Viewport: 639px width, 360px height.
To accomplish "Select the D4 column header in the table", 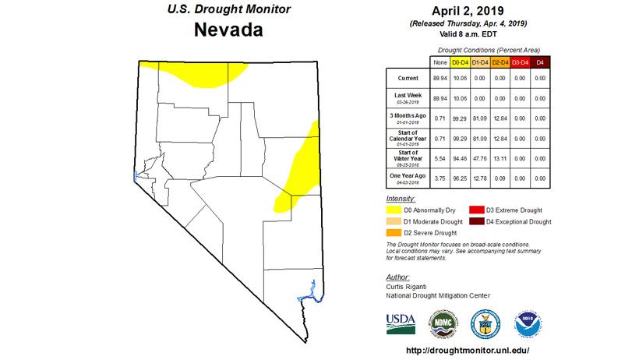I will coord(539,62).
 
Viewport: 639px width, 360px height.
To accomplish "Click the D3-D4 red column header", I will coord(520,62).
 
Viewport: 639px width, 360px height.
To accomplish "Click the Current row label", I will coord(407,79).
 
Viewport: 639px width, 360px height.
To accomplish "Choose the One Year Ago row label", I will coord(407,178).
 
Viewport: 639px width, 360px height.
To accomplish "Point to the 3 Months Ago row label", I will coord(407,118).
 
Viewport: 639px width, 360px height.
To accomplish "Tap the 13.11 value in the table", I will coord(499,158).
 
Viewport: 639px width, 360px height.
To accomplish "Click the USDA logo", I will coord(401,322).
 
